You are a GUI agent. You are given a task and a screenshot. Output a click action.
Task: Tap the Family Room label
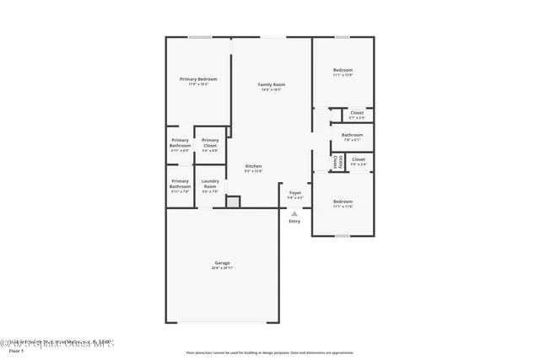pos(271,84)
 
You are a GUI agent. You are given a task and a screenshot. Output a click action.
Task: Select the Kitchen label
pos(253,166)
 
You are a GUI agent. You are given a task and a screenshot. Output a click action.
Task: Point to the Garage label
pos(223,263)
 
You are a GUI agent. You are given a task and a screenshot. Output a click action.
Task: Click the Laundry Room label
pos(210,183)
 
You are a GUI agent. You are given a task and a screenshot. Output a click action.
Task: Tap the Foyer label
pos(295,193)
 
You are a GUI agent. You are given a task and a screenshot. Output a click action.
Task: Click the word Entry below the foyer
pos(294,221)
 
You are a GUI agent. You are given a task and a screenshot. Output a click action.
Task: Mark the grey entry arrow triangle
pos(294,213)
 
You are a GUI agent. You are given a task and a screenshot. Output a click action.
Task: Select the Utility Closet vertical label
pos(336,160)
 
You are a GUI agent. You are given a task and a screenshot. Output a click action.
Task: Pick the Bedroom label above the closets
pos(343,70)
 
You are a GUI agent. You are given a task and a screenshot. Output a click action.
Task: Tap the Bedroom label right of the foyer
pos(343,201)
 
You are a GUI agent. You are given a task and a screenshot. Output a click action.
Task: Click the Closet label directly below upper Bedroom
pos(357,112)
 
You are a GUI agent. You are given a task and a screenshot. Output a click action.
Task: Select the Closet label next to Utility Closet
pos(359,159)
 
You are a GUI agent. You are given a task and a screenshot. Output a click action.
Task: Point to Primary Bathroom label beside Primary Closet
pos(180,142)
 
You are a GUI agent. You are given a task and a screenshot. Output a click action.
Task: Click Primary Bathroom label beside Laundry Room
pos(180,183)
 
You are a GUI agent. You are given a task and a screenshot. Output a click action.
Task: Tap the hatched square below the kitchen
pos(233,201)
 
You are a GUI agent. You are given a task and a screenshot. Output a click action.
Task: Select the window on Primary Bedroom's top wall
pos(199,36)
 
